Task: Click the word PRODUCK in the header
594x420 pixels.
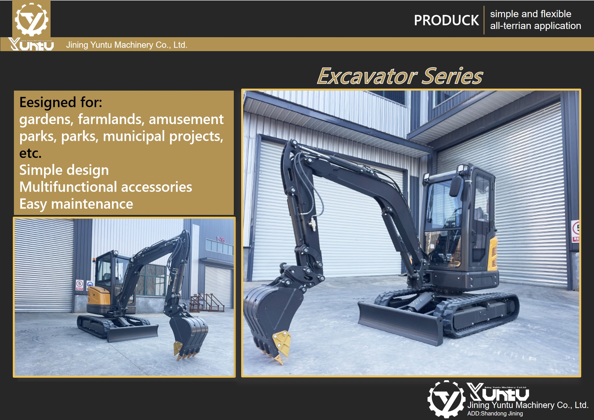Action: tap(446, 20)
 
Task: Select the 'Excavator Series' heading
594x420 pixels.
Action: tap(400, 76)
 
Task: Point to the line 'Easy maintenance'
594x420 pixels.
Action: tap(76, 204)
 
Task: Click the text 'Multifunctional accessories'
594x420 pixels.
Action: tap(106, 187)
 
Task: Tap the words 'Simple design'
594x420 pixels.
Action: tap(64, 170)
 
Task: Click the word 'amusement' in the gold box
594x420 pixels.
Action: tap(186, 119)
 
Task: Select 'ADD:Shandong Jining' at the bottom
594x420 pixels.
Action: tap(495, 413)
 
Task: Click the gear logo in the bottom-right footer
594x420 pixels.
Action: tap(446, 399)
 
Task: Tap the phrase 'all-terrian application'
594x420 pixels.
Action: tap(535, 26)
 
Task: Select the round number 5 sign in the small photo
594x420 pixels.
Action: tap(80, 283)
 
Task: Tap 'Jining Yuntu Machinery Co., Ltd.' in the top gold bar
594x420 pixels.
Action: tap(127, 45)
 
